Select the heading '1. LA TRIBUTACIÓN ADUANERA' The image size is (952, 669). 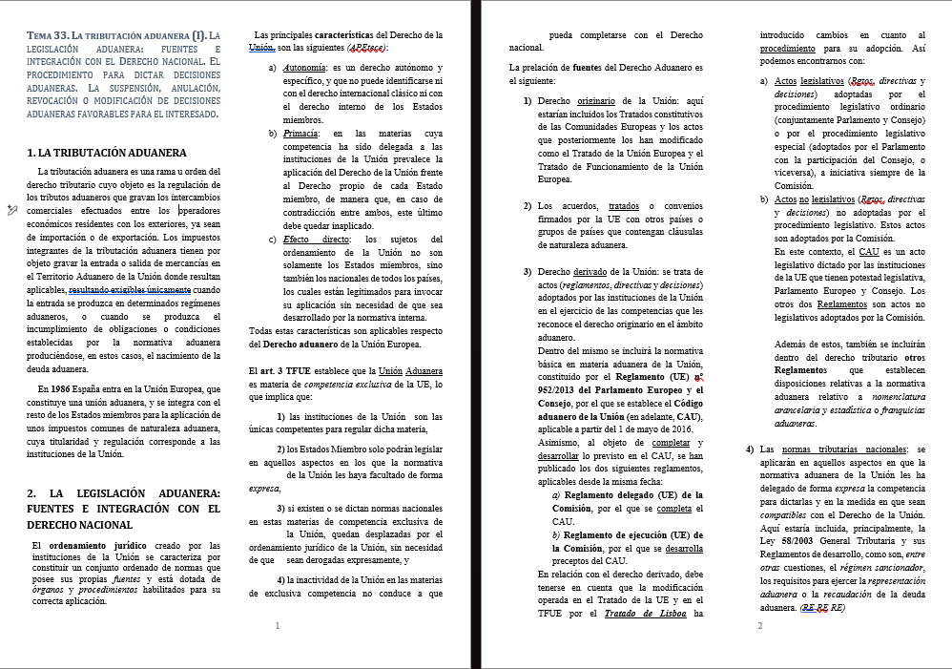pos(106,153)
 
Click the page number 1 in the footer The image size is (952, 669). pos(277,626)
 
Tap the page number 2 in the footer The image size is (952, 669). pos(759,626)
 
